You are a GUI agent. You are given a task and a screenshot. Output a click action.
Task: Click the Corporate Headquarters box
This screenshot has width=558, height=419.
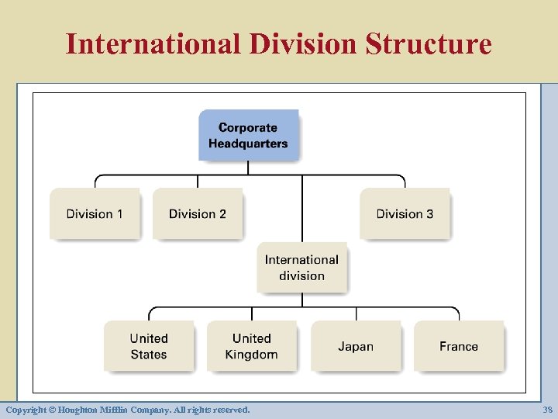pyautogui.click(x=248, y=135)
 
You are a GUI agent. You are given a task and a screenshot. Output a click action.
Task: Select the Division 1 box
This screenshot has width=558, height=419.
pyautogui.click(x=95, y=213)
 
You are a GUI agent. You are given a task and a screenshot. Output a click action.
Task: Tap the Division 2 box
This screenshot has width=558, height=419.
pyautogui.click(x=198, y=213)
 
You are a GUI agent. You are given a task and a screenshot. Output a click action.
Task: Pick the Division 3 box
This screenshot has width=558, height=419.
pyautogui.click(x=405, y=213)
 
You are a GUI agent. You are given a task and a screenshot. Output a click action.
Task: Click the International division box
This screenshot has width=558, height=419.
pyautogui.click(x=301, y=268)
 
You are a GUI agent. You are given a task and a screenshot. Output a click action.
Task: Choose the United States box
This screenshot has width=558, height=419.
pyautogui.click(x=149, y=346)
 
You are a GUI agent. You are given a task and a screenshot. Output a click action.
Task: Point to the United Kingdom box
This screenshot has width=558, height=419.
pyautogui.click(x=251, y=346)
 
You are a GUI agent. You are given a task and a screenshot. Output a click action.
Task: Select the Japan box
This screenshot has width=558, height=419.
pyautogui.click(x=356, y=346)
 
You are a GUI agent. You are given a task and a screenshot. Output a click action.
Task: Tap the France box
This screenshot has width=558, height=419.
pyautogui.click(x=459, y=346)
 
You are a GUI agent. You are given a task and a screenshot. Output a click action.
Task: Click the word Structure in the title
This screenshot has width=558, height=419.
pyautogui.click(x=428, y=43)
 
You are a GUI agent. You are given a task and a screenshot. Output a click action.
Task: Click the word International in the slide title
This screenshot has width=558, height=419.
pyautogui.click(x=153, y=43)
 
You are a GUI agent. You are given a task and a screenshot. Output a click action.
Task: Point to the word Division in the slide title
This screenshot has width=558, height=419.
pyautogui.click(x=304, y=43)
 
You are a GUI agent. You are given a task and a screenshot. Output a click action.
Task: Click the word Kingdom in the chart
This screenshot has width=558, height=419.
pyautogui.click(x=251, y=355)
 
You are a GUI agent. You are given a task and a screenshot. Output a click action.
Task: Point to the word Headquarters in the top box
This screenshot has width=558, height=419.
pyautogui.click(x=248, y=144)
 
